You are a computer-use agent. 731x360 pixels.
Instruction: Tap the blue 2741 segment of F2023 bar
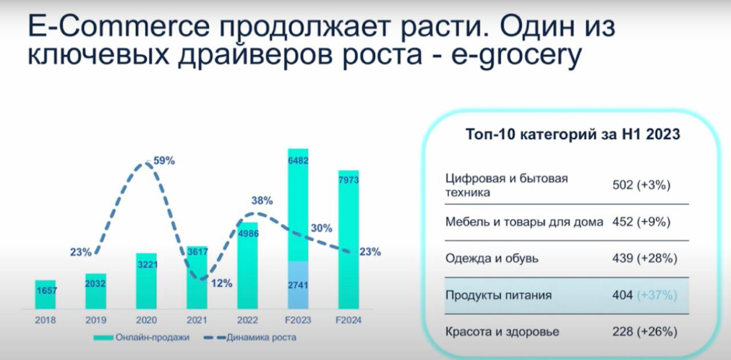298,285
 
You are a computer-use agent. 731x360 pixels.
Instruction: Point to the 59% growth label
164,160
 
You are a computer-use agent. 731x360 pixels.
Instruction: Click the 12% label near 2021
221,283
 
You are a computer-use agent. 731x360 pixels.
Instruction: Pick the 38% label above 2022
262,200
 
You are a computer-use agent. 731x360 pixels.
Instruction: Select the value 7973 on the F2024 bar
348,180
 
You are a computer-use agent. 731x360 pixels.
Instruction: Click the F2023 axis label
298,320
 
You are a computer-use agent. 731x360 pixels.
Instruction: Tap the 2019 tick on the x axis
96,320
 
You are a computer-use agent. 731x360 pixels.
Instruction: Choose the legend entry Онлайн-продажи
142,337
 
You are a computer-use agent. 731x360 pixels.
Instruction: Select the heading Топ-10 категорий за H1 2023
572,134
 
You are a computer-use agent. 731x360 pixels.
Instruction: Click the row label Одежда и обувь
492,258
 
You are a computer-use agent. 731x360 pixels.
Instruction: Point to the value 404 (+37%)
644,295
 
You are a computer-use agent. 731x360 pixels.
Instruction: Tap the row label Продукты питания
498,295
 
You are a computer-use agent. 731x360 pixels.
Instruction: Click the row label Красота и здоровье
502,332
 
